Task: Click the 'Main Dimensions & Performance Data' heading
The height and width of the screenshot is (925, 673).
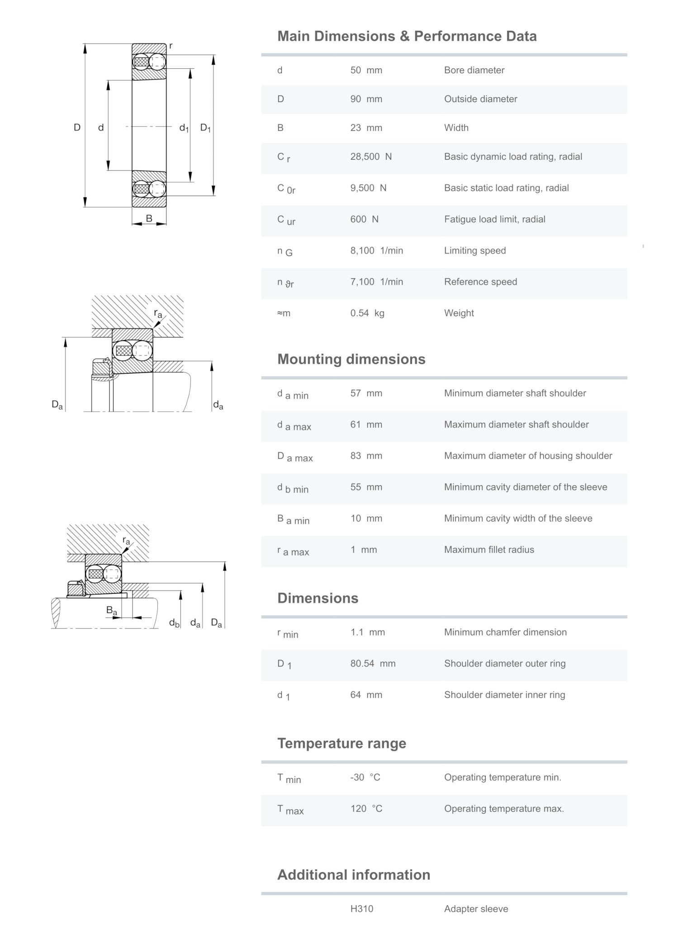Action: point(407,36)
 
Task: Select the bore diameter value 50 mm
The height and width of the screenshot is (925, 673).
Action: point(366,70)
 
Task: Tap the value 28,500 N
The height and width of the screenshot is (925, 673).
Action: point(371,157)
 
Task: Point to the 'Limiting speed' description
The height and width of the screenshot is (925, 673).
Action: point(474,251)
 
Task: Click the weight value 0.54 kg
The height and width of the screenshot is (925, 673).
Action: point(367,313)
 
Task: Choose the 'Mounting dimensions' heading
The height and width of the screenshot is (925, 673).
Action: point(351,359)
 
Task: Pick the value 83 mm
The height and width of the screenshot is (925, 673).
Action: point(366,455)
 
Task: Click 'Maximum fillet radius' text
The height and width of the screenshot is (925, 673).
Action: point(489,550)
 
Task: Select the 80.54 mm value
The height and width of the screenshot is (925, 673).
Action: point(373,664)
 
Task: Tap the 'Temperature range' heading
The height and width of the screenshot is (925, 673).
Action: point(341,743)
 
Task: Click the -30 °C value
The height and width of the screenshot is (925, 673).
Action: point(365,777)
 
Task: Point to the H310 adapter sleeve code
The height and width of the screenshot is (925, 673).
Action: point(362,909)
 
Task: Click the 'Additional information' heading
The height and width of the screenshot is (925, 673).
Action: point(353,875)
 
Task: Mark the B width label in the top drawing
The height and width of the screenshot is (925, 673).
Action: point(149,218)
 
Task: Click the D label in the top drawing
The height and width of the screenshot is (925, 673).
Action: point(77,128)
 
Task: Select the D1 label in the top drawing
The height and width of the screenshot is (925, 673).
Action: point(205,128)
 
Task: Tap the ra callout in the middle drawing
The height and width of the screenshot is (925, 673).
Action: point(158,313)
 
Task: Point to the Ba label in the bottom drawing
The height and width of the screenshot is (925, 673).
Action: point(111,610)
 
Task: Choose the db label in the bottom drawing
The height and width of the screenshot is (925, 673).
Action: point(174,623)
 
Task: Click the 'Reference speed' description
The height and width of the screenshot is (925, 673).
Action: point(480,282)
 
